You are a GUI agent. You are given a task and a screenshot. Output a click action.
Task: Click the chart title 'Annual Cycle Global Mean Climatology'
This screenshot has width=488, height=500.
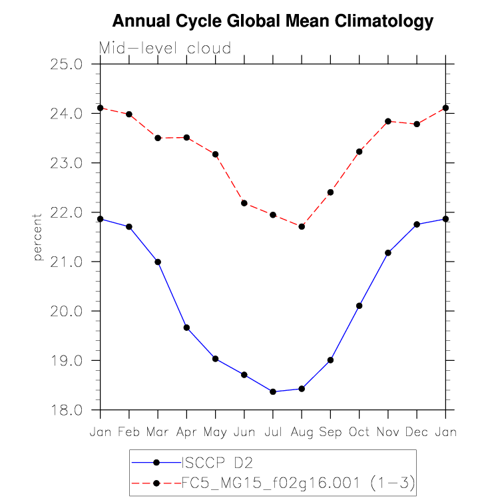272,22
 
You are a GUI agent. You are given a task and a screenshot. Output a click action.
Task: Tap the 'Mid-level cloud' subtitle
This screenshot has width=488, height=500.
165,48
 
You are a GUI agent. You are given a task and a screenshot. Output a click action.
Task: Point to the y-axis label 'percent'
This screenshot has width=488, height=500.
38,237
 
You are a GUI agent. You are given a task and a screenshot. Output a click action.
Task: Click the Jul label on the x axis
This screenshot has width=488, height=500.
273,432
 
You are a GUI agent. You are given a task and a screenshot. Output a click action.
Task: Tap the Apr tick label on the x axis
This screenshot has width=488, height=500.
186,432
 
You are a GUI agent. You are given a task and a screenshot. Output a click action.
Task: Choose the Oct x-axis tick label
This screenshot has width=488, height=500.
360,432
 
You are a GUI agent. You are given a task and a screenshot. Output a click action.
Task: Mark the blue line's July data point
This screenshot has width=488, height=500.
273,391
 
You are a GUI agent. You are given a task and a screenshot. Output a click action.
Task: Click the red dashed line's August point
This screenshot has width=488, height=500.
302,226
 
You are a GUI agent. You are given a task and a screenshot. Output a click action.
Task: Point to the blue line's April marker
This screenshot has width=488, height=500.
186,328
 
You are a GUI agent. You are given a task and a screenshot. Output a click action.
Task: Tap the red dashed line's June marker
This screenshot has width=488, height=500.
244,203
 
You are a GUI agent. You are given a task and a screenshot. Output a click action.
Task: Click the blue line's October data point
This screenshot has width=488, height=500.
360,306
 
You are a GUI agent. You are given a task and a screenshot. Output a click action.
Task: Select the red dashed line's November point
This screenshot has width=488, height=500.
388,121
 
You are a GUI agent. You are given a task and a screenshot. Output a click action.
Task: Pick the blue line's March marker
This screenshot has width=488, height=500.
158,262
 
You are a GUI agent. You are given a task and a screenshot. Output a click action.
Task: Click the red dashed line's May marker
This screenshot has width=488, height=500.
216,154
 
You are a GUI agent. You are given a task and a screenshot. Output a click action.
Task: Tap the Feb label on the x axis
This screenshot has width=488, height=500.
129,432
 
